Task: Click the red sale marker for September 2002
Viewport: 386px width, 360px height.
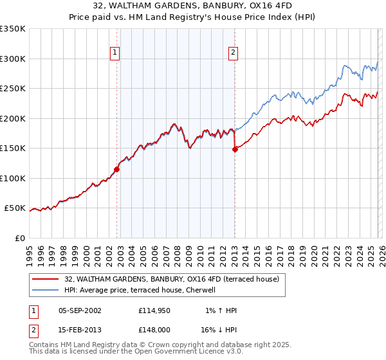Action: (116, 170)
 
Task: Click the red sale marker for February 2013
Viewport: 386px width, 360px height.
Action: (235, 150)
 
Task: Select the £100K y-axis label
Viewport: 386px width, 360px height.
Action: (13, 178)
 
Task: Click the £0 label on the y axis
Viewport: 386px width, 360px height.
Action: (19, 238)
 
